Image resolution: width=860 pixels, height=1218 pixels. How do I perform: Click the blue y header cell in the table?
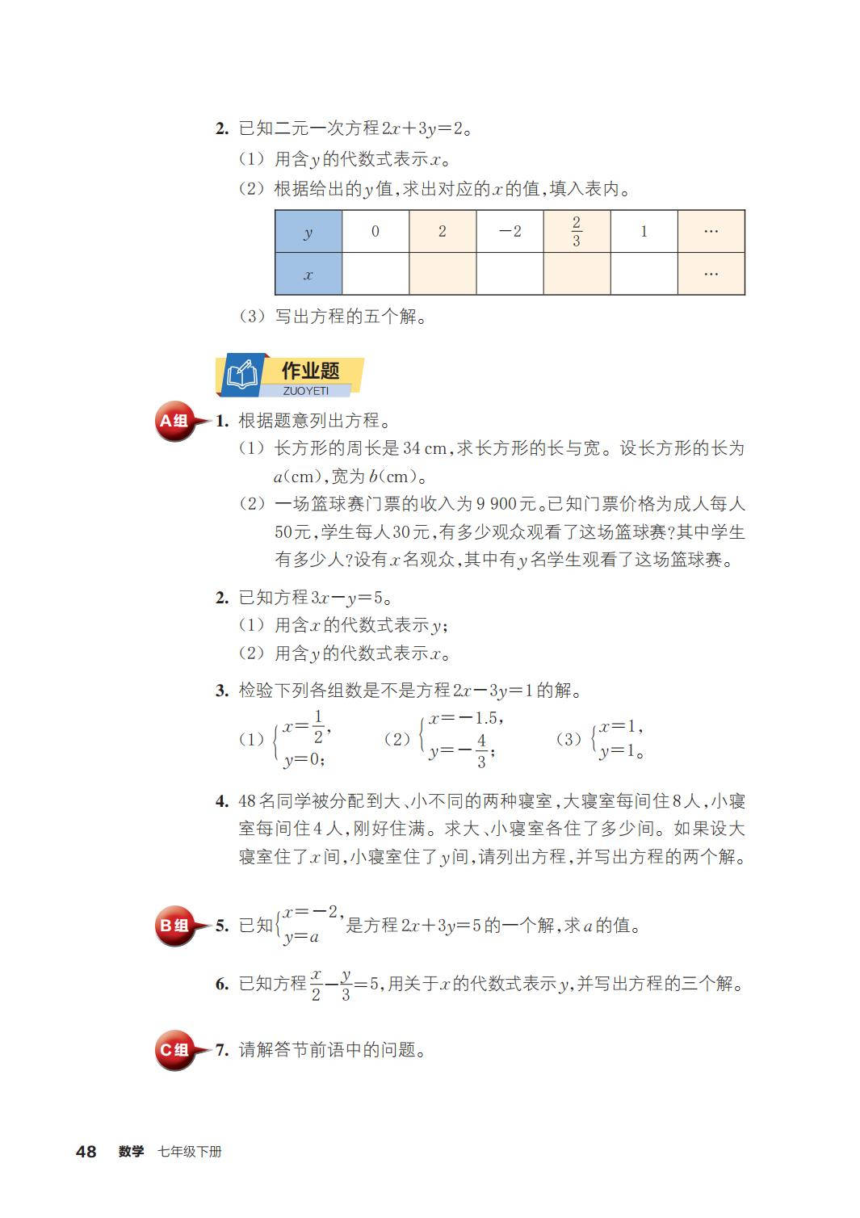[308, 232]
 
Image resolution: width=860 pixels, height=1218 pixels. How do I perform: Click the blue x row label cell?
[308, 274]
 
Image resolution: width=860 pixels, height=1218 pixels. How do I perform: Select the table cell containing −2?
[510, 232]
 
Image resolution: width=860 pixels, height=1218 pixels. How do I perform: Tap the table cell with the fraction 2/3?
[577, 232]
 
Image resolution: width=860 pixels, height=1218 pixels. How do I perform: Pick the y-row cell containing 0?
[375, 232]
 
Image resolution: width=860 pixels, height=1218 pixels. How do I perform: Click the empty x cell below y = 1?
[644, 274]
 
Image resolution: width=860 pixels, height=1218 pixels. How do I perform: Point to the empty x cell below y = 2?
[443, 274]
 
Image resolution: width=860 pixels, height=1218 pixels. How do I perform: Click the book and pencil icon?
[241, 376]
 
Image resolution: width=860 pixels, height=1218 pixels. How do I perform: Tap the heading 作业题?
[311, 371]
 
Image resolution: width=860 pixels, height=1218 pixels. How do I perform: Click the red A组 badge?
[174, 421]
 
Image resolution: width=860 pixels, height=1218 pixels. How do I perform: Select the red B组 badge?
[174, 926]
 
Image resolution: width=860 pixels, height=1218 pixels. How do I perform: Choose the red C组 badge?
[174, 1050]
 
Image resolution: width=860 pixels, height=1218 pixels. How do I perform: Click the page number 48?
[86, 1152]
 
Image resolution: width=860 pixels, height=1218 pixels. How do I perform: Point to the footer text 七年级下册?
[190, 1152]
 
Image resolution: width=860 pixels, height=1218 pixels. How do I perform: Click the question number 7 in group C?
[221, 1050]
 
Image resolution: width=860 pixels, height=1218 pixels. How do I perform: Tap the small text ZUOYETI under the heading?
[306, 391]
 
